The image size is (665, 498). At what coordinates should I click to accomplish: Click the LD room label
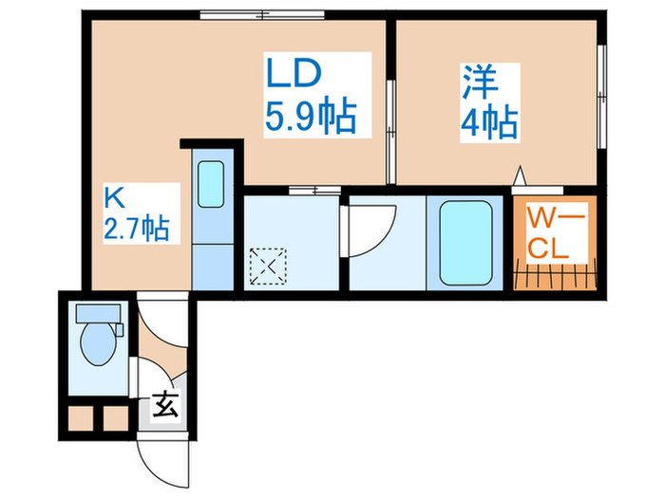pyautogui.click(x=294, y=73)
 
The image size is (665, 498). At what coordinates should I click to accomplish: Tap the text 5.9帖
pyautogui.click(x=311, y=118)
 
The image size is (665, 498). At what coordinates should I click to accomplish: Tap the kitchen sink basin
pyautogui.click(x=211, y=183)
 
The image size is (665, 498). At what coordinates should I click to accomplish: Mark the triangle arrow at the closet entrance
pyautogui.click(x=519, y=177)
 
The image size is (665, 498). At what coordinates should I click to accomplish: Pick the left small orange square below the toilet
pyautogui.click(x=81, y=416)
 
